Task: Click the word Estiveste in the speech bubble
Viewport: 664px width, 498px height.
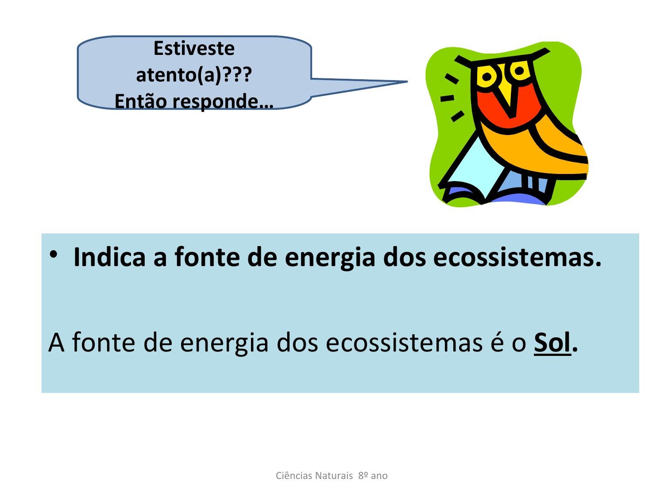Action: tap(194, 48)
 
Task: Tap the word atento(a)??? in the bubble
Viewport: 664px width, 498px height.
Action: tap(194, 75)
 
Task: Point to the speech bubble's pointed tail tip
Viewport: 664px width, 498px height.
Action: tap(407, 81)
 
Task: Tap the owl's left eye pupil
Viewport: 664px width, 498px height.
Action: tap(486, 77)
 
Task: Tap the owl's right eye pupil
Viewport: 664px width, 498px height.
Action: tap(519, 71)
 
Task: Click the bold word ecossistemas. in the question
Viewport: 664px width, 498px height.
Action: tap(517, 257)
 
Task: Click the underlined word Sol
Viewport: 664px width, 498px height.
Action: tap(552, 342)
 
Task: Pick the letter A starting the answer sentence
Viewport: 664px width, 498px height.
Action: tap(56, 342)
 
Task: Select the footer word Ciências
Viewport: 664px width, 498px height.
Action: tap(293, 475)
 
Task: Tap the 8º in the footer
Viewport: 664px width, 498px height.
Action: tap(363, 475)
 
